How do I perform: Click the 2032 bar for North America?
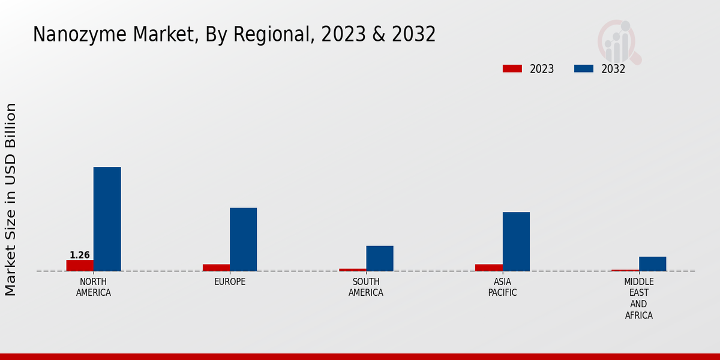107,218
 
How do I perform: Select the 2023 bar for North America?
80,265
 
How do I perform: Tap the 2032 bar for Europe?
243,239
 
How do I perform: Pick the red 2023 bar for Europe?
216,268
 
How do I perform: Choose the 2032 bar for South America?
380,258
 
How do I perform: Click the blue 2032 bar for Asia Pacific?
516,241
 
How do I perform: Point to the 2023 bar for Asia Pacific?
488,268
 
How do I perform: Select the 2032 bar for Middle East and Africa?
652,263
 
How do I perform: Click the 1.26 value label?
80,255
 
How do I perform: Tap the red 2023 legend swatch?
512,69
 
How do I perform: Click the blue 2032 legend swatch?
583,69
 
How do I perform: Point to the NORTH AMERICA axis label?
94,287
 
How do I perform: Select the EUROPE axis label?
230,282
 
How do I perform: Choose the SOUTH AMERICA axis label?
366,287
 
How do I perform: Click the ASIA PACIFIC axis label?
502,287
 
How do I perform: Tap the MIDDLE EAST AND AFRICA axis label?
638,298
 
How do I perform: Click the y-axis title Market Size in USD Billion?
11,199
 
